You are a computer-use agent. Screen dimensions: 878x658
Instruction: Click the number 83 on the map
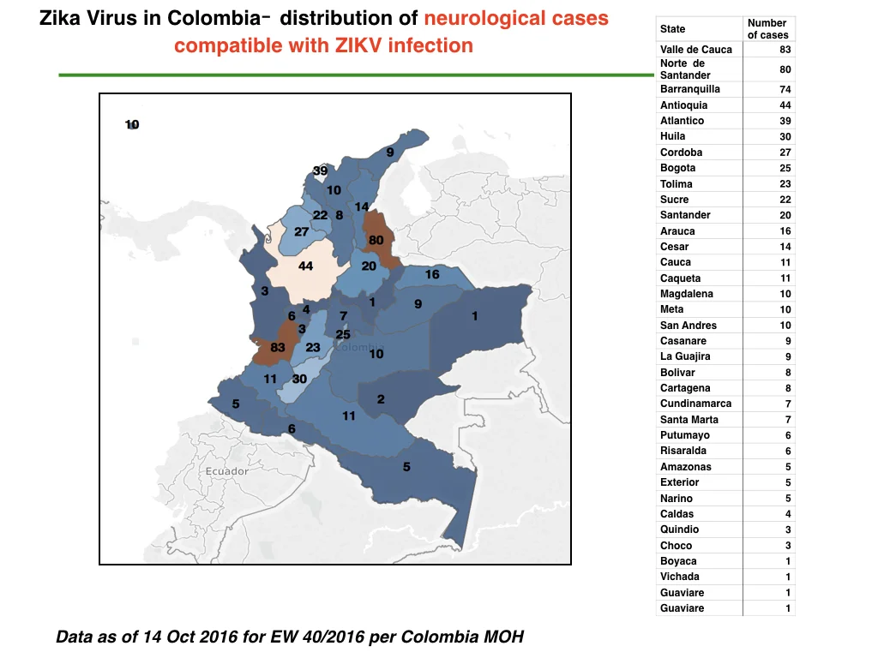(278, 348)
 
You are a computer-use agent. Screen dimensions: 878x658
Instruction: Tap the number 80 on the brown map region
(376, 240)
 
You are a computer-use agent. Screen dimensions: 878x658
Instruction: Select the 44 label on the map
(305, 266)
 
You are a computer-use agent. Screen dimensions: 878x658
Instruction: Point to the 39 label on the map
(321, 170)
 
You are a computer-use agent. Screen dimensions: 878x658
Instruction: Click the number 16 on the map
(432, 274)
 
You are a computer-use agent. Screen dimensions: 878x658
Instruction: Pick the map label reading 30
(299, 379)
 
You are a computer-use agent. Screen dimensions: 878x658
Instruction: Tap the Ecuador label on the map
(226, 471)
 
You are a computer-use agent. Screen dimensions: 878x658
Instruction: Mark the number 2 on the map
(381, 399)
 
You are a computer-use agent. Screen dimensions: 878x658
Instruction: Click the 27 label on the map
(301, 231)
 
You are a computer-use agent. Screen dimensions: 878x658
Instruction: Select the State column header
(672, 28)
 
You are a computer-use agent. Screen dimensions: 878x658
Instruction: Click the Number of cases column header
(767, 28)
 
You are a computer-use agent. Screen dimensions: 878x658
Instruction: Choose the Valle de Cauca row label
(696, 49)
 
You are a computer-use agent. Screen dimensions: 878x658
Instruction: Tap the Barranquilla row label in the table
(690, 89)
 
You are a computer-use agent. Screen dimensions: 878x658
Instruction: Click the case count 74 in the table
(785, 89)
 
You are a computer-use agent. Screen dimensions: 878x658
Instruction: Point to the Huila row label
(672, 136)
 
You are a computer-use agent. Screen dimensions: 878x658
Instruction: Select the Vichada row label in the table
(680, 577)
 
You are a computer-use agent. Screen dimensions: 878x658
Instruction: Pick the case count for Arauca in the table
(785, 231)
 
